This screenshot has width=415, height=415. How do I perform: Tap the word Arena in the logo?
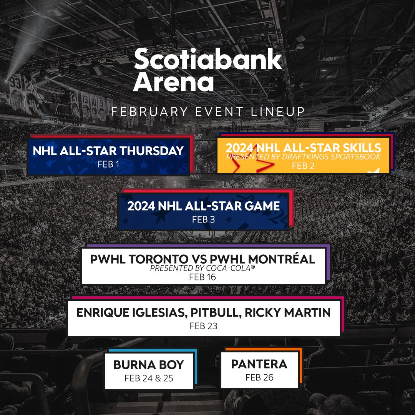[x=173, y=82]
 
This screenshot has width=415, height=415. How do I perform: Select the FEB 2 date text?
[x=303, y=166]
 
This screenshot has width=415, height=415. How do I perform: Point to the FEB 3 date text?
[x=203, y=220]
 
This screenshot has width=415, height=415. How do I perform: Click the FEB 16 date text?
[x=203, y=277]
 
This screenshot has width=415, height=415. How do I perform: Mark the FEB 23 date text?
[x=203, y=326]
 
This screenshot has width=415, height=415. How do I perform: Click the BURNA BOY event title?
[x=149, y=365]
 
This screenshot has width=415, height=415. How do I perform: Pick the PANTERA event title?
[x=259, y=364]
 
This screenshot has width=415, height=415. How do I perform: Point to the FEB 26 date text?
[x=259, y=377]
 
